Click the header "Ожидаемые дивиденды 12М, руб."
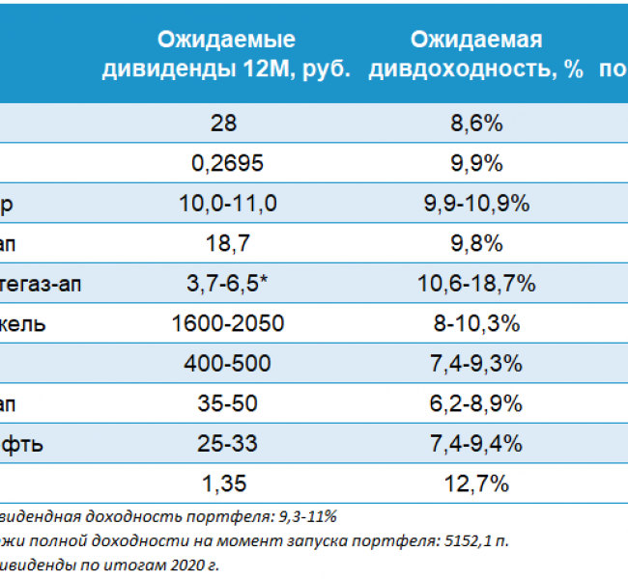tap(226, 54)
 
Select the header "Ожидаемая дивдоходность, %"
tap(476, 54)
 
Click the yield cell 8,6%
tap(474, 124)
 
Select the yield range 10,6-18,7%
tap(474, 284)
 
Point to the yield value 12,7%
tap(474, 483)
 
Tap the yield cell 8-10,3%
tap(474, 323)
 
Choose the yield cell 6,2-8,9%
tap(474, 403)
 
